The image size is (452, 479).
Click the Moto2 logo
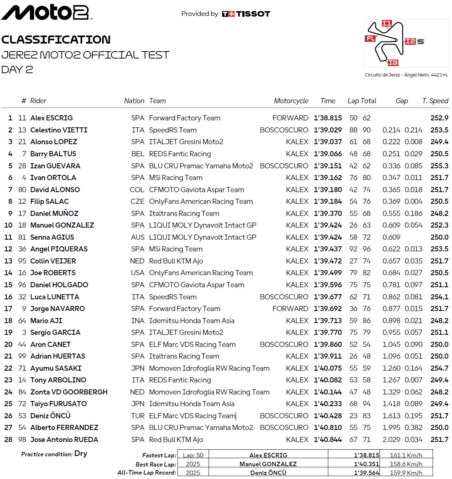46,12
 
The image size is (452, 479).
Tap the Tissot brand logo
246,14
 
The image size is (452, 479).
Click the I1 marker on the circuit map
387,24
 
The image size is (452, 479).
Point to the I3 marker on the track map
393,63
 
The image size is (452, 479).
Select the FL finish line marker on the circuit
370,38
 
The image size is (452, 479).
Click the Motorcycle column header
291,101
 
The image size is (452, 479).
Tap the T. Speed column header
435,101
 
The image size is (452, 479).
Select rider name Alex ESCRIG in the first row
52,118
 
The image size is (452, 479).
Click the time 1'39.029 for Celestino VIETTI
328,130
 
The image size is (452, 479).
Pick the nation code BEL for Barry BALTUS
138,154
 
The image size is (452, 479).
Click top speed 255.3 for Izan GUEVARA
439,166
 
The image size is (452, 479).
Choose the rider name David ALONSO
55,190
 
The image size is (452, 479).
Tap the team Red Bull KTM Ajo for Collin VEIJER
176,261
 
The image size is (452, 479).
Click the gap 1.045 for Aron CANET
391,345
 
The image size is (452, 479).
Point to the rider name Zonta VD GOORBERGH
69,392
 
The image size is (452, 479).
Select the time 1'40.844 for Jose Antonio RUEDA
328,440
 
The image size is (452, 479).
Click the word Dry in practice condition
81,454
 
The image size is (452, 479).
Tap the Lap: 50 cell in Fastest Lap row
193,455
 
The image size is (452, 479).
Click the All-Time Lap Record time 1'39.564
366,473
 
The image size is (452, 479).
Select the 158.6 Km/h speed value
406,464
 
